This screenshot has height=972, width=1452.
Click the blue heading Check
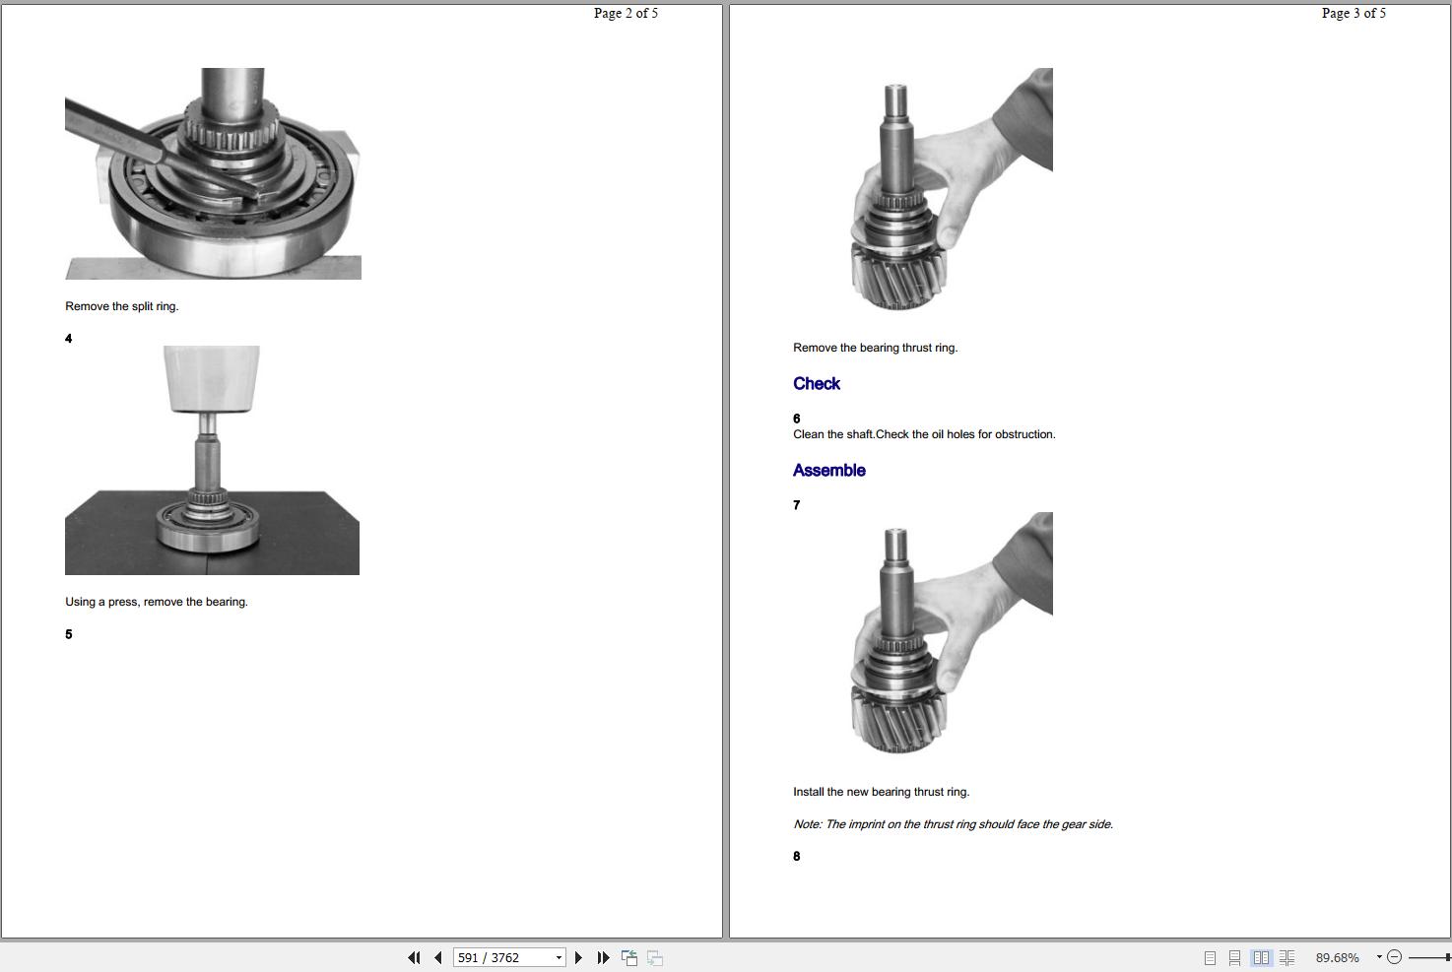[x=816, y=384]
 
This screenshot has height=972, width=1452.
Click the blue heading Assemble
[x=829, y=471]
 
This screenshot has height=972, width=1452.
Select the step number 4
[x=69, y=338]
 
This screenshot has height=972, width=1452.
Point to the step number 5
[x=69, y=634]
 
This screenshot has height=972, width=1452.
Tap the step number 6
[x=797, y=419]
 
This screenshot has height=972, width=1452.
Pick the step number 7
[x=797, y=505]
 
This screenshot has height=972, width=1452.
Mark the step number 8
[x=797, y=856]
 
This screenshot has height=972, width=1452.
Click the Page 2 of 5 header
[x=626, y=13]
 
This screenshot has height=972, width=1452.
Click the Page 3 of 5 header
[x=1353, y=13]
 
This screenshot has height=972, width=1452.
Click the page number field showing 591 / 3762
[x=509, y=957]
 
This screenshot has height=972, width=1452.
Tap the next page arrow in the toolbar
[x=579, y=957]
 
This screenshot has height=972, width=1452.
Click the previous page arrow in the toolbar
[x=438, y=957]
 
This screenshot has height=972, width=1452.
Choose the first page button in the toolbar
[x=414, y=957]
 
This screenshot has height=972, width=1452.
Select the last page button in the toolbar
[x=603, y=957]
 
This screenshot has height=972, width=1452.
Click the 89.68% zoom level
[x=1338, y=957]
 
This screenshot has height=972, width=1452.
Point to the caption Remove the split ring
[x=122, y=306]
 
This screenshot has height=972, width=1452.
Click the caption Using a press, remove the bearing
[x=157, y=602]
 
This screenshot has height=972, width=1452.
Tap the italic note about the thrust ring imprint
[x=953, y=824]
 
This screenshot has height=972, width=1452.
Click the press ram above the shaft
[x=212, y=378]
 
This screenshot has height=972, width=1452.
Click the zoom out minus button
[x=1394, y=957]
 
